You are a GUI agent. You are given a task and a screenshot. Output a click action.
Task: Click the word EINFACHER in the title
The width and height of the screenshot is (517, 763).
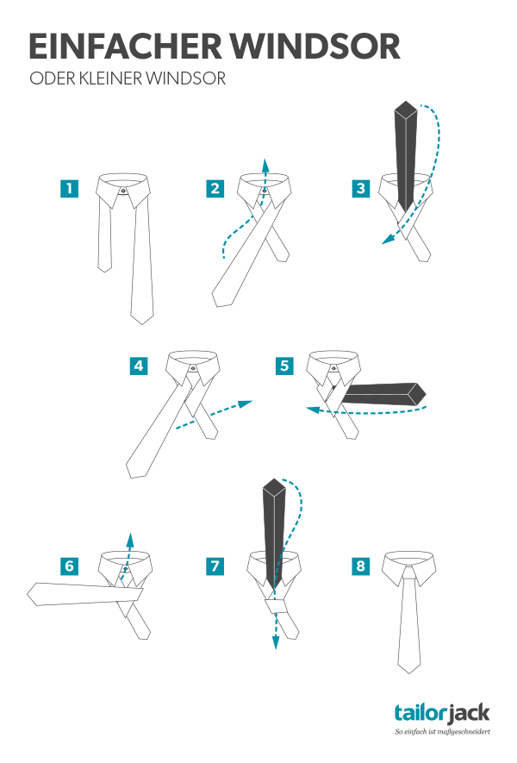coord(125,47)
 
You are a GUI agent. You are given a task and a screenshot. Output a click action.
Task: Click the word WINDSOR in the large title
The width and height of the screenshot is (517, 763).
coord(315,47)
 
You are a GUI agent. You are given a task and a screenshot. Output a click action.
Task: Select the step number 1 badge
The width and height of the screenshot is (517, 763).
coord(70,188)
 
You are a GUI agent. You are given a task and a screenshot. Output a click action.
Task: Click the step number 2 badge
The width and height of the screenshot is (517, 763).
coord(215,188)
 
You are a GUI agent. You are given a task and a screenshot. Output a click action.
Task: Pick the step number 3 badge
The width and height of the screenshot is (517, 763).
coord(360,188)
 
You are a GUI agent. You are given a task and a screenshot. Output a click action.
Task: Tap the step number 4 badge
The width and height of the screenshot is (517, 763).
coord(139,366)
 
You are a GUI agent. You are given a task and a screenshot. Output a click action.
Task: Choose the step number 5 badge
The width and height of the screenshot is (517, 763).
coord(284,366)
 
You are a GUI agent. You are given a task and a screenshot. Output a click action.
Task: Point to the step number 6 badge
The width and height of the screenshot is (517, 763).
coord(70,566)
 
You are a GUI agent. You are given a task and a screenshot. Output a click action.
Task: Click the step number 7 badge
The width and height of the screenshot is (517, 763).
coord(215,566)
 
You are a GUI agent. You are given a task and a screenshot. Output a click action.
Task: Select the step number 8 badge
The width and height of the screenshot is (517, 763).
coord(360,566)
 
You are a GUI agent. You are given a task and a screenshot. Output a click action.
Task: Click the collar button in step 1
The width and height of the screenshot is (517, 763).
coord(122,191)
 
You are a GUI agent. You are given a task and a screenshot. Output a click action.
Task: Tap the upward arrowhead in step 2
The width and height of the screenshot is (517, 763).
coord(265,164)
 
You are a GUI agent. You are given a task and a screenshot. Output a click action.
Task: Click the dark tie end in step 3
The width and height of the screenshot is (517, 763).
coord(406,157)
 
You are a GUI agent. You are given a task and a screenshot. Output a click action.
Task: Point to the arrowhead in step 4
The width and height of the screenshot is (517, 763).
coord(246,403)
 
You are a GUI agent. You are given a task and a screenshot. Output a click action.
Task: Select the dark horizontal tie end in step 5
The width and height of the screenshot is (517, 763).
coord(383,394)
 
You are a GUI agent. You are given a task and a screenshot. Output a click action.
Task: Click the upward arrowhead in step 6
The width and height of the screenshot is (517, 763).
coord(130,537)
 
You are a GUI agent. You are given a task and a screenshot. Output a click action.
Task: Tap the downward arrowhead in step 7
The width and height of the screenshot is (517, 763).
coord(276,644)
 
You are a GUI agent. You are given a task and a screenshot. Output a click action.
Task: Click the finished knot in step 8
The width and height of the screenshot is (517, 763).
coord(409,573)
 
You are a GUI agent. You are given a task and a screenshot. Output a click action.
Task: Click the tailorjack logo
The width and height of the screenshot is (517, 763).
coord(442,713)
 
